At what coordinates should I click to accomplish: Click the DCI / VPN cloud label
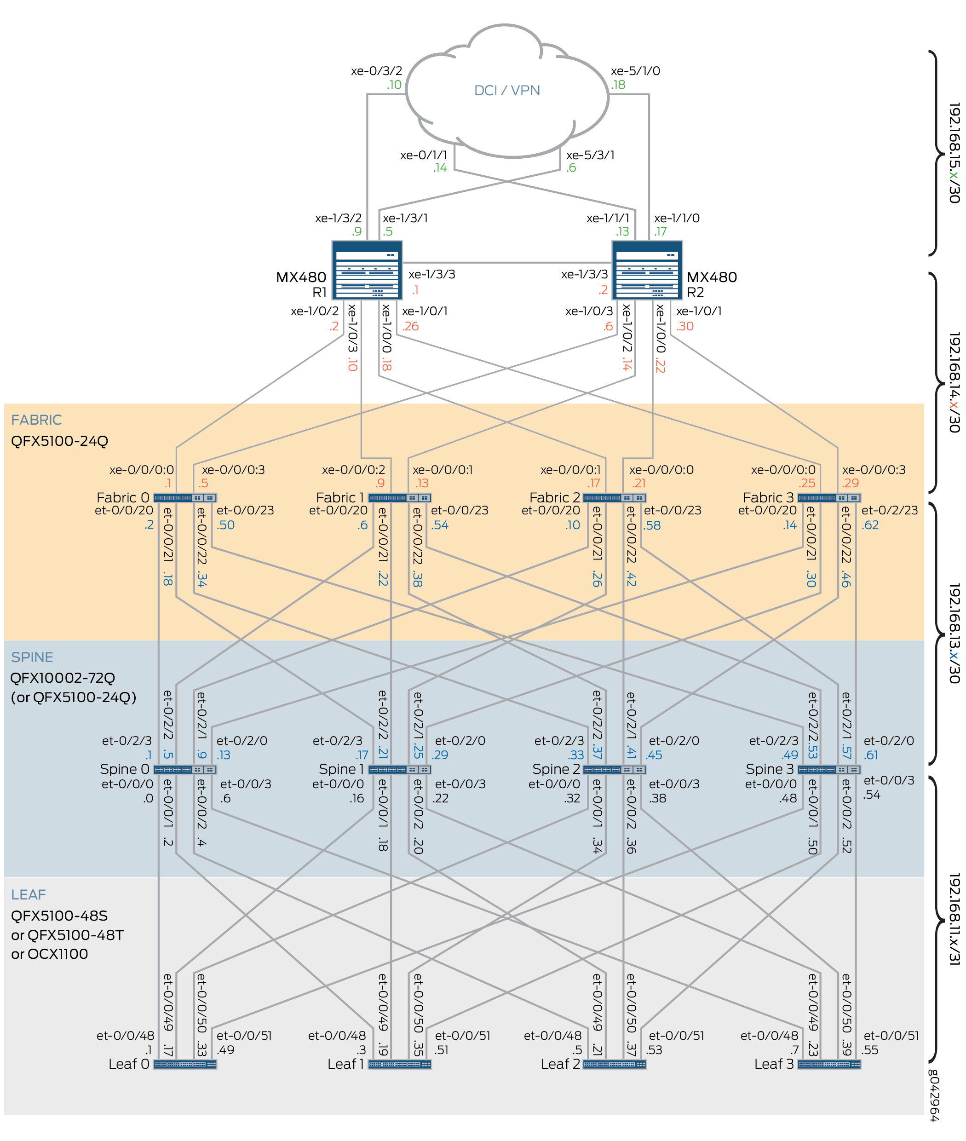[x=506, y=90]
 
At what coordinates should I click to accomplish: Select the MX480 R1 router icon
[x=367, y=270]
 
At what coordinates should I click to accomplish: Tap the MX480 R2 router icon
[x=647, y=270]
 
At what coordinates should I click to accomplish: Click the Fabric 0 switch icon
[x=185, y=498]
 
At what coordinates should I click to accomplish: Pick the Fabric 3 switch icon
[x=829, y=498]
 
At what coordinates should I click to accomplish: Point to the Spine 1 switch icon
[x=400, y=770]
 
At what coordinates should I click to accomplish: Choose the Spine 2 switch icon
[x=615, y=770]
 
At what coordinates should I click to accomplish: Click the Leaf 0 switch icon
[x=185, y=1064]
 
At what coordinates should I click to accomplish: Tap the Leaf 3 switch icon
[x=829, y=1064]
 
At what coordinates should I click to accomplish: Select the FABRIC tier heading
[x=36, y=420]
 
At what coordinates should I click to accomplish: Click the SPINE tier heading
[x=32, y=657]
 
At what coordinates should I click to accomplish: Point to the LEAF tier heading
[x=29, y=894]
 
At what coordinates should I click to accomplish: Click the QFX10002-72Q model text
[x=63, y=678]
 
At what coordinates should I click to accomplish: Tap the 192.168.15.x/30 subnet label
[x=954, y=153]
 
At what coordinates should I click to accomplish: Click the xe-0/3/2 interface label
[x=376, y=71]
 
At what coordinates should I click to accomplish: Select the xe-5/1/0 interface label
[x=635, y=71]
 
